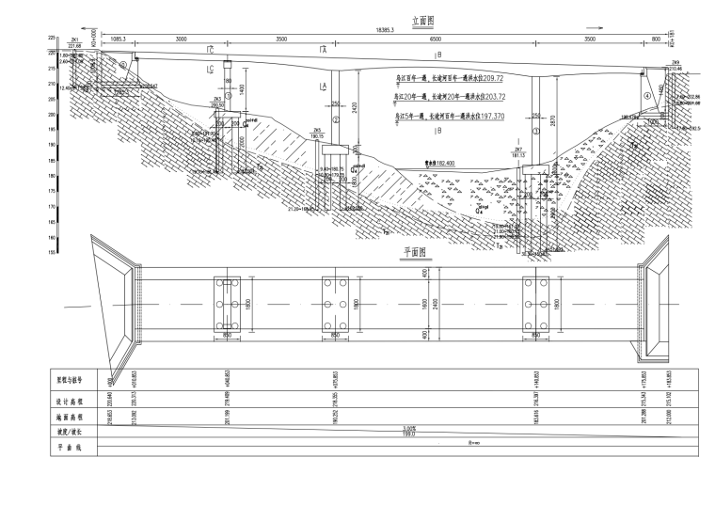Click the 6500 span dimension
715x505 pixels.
click(435, 39)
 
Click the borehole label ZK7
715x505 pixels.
click(517, 149)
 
